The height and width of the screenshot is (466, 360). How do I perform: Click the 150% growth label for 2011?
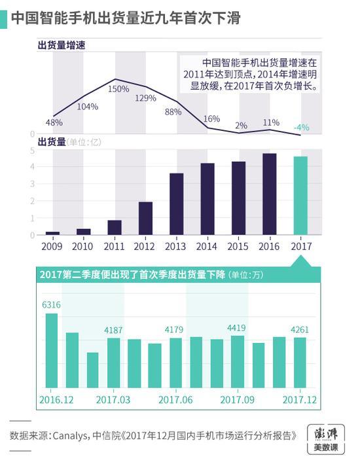(x=118, y=89)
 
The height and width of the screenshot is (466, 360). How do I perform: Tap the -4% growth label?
(x=302, y=127)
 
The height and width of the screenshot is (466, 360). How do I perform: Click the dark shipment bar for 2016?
(x=269, y=194)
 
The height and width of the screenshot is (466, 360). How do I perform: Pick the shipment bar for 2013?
(x=176, y=204)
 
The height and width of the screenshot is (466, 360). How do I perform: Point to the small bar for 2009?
(x=52, y=233)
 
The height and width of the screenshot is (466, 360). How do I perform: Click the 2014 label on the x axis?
(x=207, y=247)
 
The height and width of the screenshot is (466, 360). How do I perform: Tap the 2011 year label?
(x=114, y=247)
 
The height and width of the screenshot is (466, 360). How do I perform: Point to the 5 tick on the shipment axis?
(x=32, y=151)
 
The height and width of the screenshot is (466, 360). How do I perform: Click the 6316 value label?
(x=51, y=304)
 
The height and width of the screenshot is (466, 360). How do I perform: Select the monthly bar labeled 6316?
(x=51, y=351)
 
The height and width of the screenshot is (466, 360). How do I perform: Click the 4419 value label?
(x=237, y=327)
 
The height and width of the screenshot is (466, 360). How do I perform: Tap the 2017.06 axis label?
(x=175, y=399)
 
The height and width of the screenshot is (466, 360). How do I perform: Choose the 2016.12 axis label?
(x=56, y=399)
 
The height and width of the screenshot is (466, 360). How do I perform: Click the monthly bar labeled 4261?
(x=300, y=363)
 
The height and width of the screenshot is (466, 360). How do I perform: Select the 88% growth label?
(x=173, y=111)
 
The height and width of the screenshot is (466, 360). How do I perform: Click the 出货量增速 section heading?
(x=62, y=45)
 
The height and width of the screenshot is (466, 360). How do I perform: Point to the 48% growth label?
(x=54, y=122)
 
